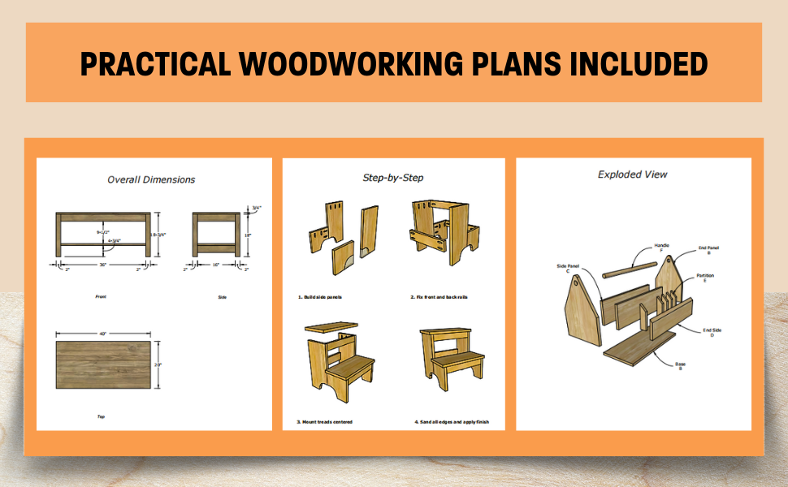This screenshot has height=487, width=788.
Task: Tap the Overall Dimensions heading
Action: click(151, 179)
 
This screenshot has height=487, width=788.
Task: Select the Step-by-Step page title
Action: click(392, 177)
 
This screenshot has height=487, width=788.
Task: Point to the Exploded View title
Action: click(633, 174)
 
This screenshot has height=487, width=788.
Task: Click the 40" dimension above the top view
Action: click(103, 333)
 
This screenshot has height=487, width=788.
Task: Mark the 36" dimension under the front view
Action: click(102, 265)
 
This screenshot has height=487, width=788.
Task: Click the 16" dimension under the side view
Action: click(216, 265)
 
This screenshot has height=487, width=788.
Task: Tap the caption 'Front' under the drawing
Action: click(102, 297)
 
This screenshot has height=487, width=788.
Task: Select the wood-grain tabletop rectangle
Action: click(103, 365)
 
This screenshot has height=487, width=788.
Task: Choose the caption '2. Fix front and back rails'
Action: click(439, 297)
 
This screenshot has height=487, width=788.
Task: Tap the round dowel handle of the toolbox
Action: click(629, 269)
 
